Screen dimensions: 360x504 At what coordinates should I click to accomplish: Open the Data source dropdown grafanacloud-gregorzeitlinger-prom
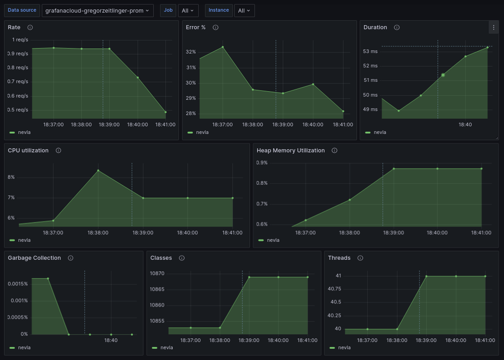[x=98, y=10]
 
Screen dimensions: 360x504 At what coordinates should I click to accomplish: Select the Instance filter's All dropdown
[x=244, y=10]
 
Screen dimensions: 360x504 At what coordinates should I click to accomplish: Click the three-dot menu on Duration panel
[x=493, y=27]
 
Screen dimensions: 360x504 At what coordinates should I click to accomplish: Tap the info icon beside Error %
[x=215, y=27]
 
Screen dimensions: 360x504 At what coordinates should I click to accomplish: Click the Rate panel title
[x=14, y=27]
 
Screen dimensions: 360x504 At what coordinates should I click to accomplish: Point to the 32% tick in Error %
[x=191, y=52]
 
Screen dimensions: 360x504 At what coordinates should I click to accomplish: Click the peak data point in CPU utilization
[x=98, y=170]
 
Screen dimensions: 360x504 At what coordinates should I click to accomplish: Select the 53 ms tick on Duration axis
[x=370, y=51]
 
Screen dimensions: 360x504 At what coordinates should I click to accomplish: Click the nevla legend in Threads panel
[x=344, y=347]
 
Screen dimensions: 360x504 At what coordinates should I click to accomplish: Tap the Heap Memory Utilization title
[x=290, y=151]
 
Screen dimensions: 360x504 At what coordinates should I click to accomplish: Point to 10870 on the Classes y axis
[x=157, y=274]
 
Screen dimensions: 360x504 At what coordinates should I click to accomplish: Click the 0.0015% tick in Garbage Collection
[x=18, y=284]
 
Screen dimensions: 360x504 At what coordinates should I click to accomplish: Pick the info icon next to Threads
[x=360, y=258]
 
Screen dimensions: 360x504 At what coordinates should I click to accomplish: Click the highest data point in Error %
[x=223, y=47]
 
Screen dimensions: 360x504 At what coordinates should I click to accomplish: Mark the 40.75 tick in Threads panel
[x=335, y=289]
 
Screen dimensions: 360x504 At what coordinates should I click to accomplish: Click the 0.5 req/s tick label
[x=18, y=110]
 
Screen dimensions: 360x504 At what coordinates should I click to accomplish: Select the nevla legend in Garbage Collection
[x=24, y=347]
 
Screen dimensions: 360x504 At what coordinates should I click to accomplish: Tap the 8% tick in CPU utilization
[x=11, y=178]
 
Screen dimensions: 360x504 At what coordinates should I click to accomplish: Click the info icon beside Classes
[x=182, y=258]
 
